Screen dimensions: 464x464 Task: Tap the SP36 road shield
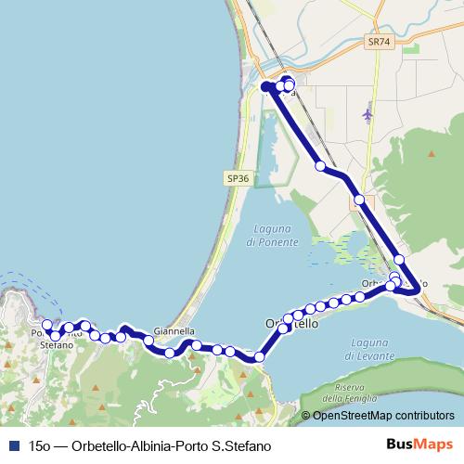click(x=238, y=178)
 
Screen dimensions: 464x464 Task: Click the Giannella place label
click(x=174, y=330)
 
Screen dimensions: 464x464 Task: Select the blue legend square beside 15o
click(x=13, y=445)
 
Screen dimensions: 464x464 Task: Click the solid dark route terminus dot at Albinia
click(x=266, y=86)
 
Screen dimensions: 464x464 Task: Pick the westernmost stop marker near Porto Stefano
click(x=47, y=326)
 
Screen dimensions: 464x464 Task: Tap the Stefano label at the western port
click(x=57, y=344)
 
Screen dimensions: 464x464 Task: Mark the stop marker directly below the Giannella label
click(x=169, y=353)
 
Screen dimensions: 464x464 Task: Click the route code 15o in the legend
click(x=39, y=445)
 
